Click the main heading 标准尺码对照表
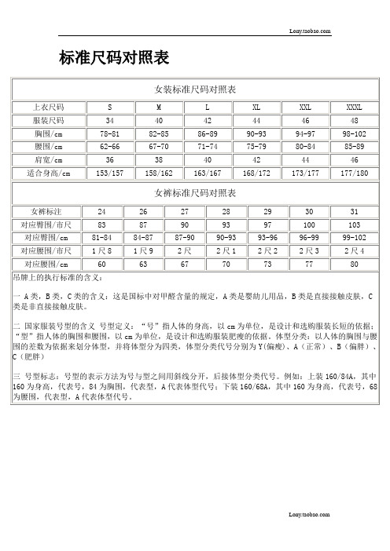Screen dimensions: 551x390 (x=109, y=57)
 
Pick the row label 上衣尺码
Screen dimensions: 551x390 (x=49, y=107)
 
